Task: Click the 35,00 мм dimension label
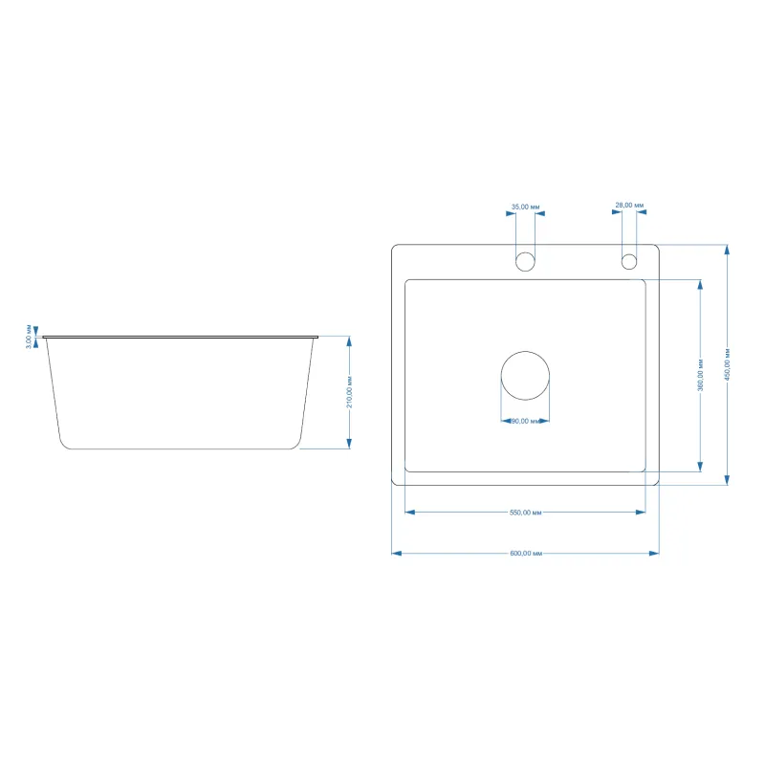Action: [x=525, y=207]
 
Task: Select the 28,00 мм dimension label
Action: [x=629, y=205]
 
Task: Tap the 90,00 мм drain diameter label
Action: [x=526, y=421]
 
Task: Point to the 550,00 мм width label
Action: [x=525, y=513]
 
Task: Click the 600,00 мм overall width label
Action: [x=526, y=554]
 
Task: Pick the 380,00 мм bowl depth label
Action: [x=700, y=375]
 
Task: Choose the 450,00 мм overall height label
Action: [x=727, y=364]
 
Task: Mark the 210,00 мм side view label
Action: [x=349, y=392]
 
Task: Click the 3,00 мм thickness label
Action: [x=29, y=337]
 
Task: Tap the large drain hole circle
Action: [x=525, y=352]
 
